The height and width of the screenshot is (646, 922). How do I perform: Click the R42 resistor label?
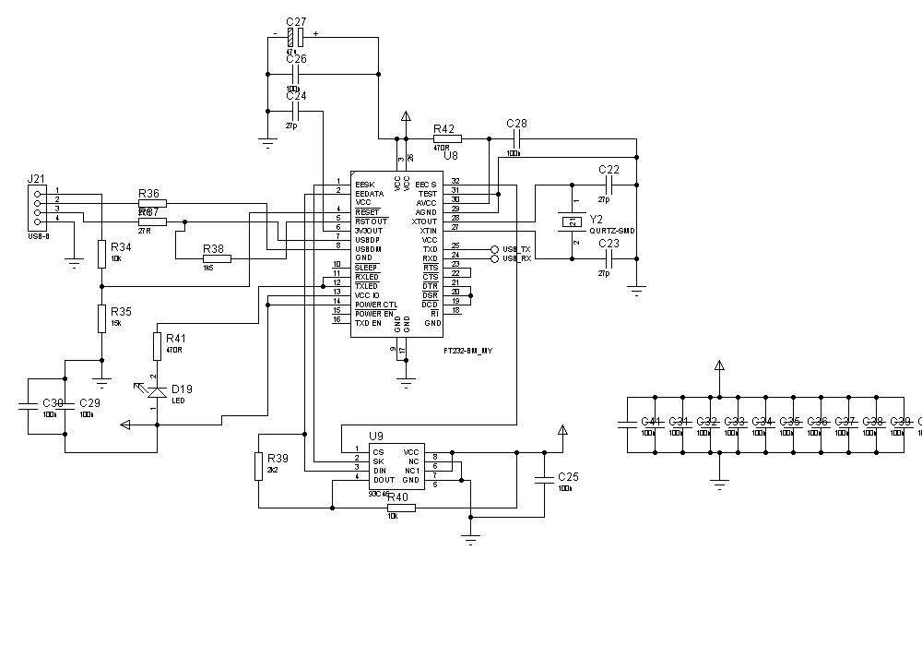tap(443, 129)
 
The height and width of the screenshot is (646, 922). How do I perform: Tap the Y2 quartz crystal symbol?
tap(572, 221)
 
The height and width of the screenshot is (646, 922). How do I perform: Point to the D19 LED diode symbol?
tap(157, 391)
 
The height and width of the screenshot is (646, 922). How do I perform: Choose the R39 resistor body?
tap(258, 466)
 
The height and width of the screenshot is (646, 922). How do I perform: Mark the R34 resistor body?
tap(101, 254)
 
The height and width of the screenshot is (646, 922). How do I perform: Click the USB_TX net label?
tap(516, 249)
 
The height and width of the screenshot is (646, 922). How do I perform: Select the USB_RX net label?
tap(516, 259)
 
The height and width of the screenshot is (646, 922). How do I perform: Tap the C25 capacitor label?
tap(569, 476)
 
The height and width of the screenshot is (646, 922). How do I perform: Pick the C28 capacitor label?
tap(517, 124)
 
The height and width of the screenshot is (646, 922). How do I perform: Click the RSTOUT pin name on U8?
tap(372, 221)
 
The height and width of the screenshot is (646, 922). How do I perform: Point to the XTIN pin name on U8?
tap(428, 231)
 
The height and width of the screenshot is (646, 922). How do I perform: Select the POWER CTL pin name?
tap(376, 305)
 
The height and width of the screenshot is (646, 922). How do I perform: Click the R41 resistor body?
tap(157, 346)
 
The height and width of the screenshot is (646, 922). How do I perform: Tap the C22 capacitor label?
tap(609, 170)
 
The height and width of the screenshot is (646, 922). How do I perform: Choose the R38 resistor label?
tap(213, 249)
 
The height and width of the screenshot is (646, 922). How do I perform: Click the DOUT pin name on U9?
tap(384, 480)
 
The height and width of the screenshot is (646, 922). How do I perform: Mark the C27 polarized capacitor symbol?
tap(295, 37)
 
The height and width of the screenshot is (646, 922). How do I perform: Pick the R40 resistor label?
tap(398, 497)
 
